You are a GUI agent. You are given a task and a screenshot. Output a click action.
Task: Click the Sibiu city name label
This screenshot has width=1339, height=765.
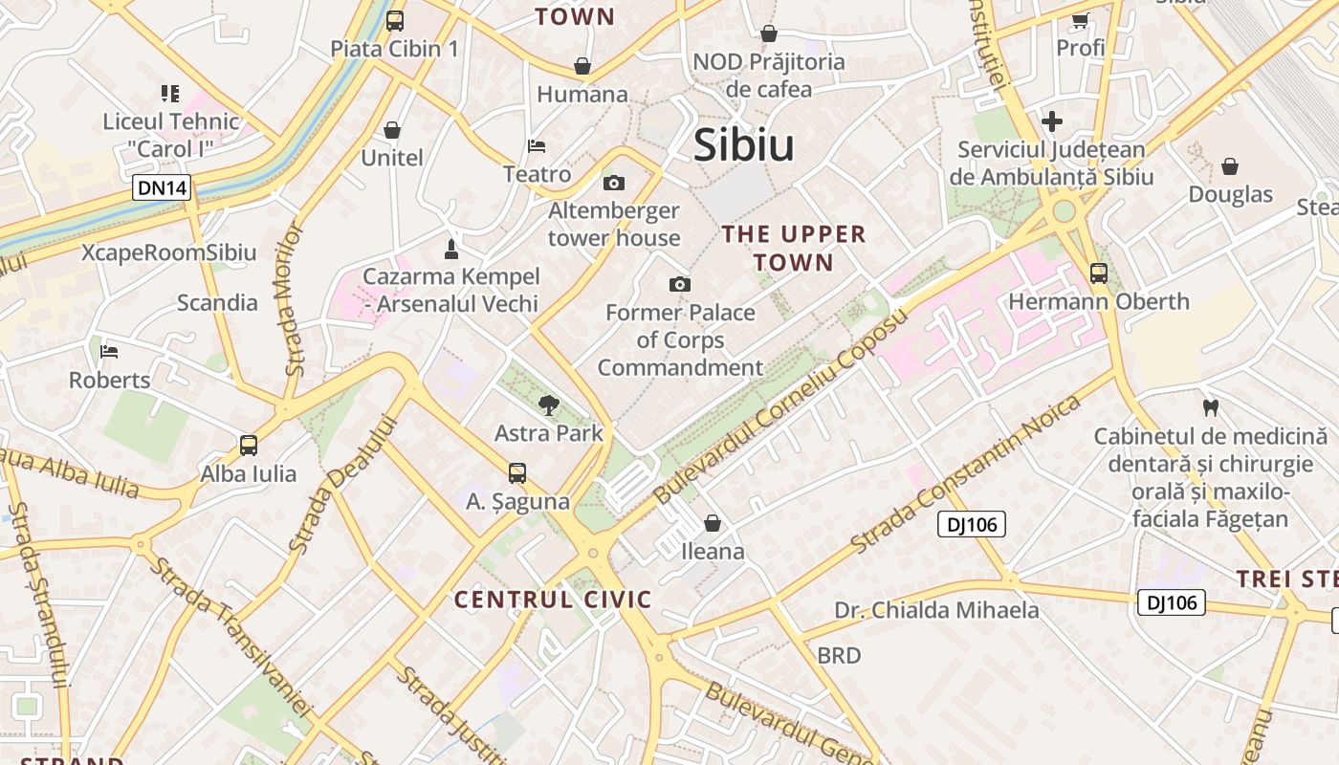pyautogui.click(x=744, y=145)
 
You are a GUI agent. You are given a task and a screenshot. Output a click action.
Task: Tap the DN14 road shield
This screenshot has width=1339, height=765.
pyautogui.click(x=163, y=188)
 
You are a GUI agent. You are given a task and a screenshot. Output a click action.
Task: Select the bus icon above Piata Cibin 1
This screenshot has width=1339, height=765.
pyautogui.click(x=395, y=20)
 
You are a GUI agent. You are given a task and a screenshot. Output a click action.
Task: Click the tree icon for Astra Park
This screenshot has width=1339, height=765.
pyautogui.click(x=549, y=405)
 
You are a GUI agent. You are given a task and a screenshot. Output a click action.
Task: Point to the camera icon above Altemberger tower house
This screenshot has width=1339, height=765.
pyautogui.click(x=614, y=183)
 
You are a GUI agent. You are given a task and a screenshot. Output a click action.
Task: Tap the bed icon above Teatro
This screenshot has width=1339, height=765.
pyautogui.click(x=537, y=146)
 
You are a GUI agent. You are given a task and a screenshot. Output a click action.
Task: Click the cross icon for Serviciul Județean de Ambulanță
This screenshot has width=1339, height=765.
pyautogui.click(x=1052, y=121)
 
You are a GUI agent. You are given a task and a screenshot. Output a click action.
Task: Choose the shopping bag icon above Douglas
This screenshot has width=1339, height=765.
pyautogui.click(x=1230, y=166)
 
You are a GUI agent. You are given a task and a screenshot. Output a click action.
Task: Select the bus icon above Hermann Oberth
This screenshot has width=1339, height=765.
pyautogui.click(x=1099, y=273)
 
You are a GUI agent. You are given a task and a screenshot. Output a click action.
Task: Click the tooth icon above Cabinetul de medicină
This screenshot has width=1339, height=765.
pyautogui.click(x=1210, y=408)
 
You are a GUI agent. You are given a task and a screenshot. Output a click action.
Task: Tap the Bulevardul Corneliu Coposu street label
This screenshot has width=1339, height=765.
pyautogui.click(x=779, y=407)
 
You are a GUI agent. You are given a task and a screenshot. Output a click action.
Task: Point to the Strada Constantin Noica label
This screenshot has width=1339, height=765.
pyautogui.click(x=965, y=472)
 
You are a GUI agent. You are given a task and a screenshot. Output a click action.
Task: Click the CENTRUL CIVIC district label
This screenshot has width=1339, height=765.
pyautogui.click(x=553, y=600)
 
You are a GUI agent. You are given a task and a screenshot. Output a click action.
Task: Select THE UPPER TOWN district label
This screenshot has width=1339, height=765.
pyautogui.click(x=794, y=248)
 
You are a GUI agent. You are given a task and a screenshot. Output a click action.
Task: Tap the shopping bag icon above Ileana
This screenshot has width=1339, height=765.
pyautogui.click(x=713, y=523)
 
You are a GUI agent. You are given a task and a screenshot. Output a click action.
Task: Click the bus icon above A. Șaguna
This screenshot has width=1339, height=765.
pyautogui.click(x=517, y=472)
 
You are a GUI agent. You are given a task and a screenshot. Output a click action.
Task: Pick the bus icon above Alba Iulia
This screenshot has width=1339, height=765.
pyautogui.click(x=249, y=445)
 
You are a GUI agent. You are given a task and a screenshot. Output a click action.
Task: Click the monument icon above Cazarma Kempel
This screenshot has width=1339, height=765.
pyautogui.click(x=451, y=250)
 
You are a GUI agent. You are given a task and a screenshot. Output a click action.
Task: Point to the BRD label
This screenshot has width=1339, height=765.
pyautogui.click(x=839, y=656)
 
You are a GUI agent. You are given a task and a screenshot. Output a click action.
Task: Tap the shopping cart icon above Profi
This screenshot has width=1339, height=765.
pyautogui.click(x=1081, y=19)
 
